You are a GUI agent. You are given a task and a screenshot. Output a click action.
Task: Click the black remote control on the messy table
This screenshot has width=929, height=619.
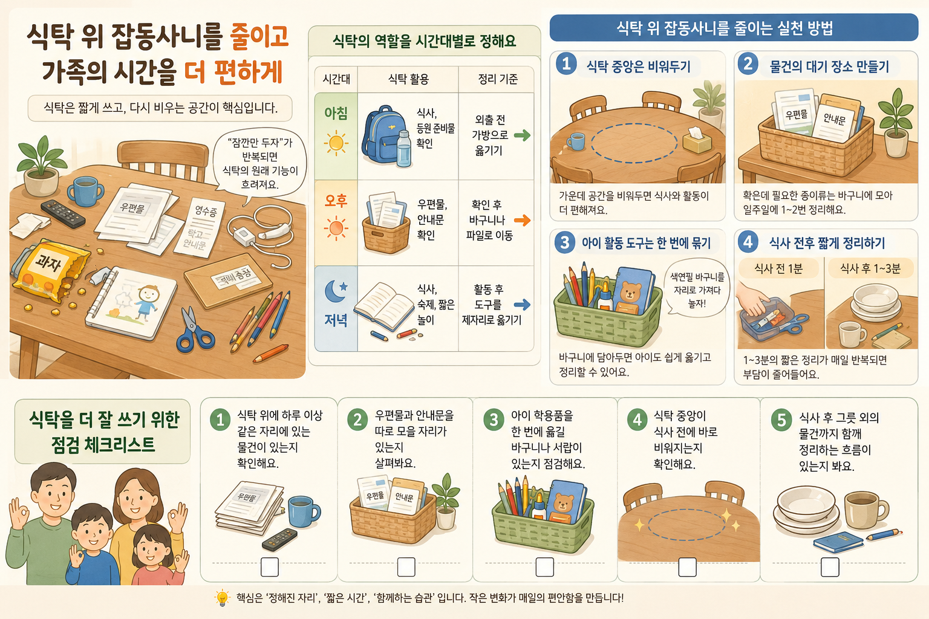point(63,213)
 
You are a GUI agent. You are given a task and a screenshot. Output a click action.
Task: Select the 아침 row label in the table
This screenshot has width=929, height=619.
point(336,113)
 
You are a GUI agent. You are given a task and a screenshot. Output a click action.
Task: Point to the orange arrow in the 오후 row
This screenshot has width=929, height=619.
point(522,220)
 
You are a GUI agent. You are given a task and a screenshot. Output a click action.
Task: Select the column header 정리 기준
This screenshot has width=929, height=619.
point(497,79)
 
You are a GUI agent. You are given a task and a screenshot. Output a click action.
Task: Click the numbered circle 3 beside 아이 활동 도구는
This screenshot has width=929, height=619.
point(564,242)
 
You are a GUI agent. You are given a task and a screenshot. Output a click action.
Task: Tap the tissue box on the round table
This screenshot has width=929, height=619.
point(697,140)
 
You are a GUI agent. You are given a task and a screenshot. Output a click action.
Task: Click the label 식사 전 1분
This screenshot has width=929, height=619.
point(778,268)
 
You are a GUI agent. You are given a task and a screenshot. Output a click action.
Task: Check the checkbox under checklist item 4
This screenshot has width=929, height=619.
point(687,567)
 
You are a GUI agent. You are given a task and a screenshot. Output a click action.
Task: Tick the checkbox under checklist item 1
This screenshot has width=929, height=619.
point(270,567)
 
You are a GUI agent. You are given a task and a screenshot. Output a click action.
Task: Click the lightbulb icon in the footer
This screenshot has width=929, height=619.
point(223,597)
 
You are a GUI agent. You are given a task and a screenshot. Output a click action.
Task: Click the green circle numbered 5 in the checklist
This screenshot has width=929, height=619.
point(781,420)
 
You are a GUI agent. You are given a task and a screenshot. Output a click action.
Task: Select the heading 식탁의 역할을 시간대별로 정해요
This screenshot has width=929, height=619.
point(424,41)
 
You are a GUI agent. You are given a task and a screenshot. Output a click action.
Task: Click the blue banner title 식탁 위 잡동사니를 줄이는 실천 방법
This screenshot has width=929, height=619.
point(725,28)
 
